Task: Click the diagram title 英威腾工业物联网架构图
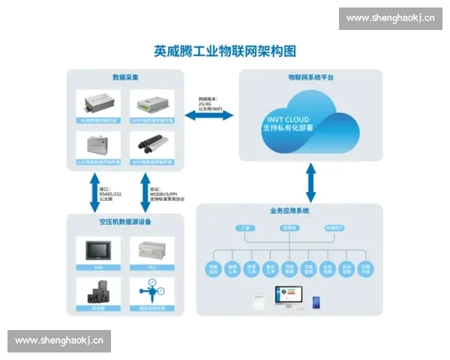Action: click(x=225, y=52)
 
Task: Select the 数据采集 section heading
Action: click(x=124, y=77)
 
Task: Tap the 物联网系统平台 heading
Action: click(x=310, y=77)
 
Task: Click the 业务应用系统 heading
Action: click(x=289, y=211)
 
